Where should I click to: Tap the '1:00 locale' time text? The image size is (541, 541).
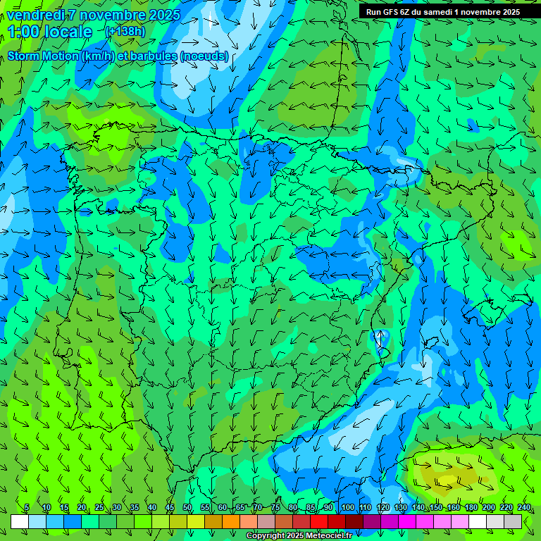[50, 32]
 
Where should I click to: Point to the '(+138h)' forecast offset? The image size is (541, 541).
[125, 31]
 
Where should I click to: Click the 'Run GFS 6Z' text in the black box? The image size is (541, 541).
[391, 12]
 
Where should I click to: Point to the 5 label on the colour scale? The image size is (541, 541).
[27, 508]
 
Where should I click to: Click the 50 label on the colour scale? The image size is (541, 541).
[187, 508]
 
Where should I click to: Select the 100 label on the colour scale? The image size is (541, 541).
[347, 508]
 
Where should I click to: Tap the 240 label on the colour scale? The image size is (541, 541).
[524, 508]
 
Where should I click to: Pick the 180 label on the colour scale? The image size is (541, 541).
[471, 508]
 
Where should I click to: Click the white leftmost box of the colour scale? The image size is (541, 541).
[20, 521]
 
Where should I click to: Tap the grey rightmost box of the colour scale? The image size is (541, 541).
[513, 521]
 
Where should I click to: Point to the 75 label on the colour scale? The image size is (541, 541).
[275, 508]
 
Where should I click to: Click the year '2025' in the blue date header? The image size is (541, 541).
[160, 15]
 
